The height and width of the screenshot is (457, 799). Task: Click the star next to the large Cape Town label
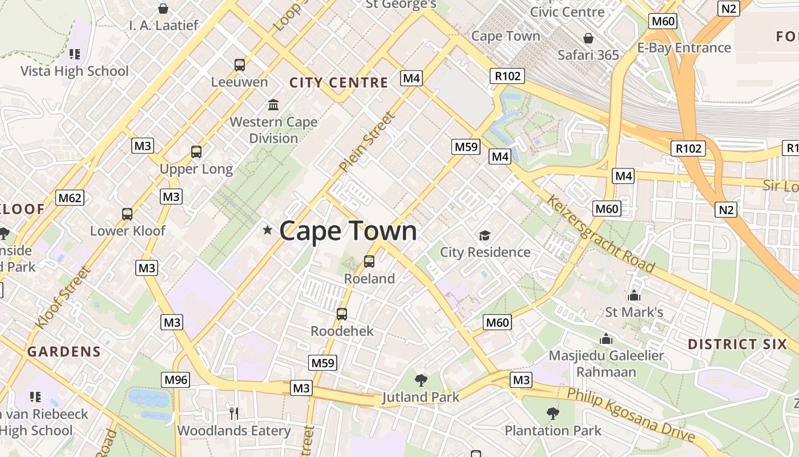pos(267,230)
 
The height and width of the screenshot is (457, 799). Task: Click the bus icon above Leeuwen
pos(240,65)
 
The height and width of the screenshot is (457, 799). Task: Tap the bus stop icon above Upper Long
pos(196,152)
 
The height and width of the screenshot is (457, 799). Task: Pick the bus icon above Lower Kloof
pos(127,214)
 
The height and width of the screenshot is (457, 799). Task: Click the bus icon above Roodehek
pos(342,314)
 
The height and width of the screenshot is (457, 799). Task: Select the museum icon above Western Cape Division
pos(273,105)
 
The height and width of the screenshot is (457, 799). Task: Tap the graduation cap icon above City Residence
pos(485,235)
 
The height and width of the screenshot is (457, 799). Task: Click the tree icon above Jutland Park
pos(421,380)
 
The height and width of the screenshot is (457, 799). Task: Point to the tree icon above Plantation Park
pos(552,413)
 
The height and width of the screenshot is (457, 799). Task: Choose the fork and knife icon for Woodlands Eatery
pos(233,413)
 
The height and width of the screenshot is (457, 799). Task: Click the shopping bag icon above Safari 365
pos(588,38)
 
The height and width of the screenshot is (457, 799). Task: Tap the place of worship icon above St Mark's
pos(633,295)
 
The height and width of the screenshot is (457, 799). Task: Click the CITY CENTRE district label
pos(339,83)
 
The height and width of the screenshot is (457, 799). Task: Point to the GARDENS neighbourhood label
pos(64,352)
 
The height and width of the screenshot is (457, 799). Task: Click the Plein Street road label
pos(367,142)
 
